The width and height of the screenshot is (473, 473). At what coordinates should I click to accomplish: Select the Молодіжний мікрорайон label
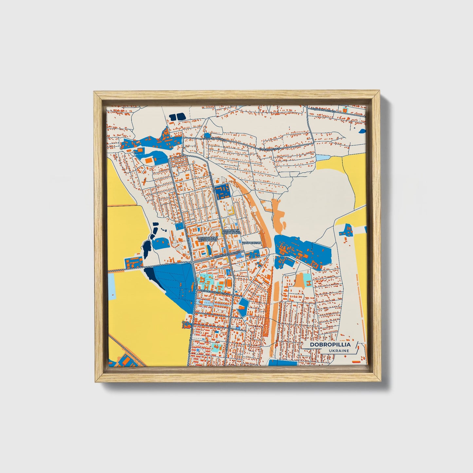208,239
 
